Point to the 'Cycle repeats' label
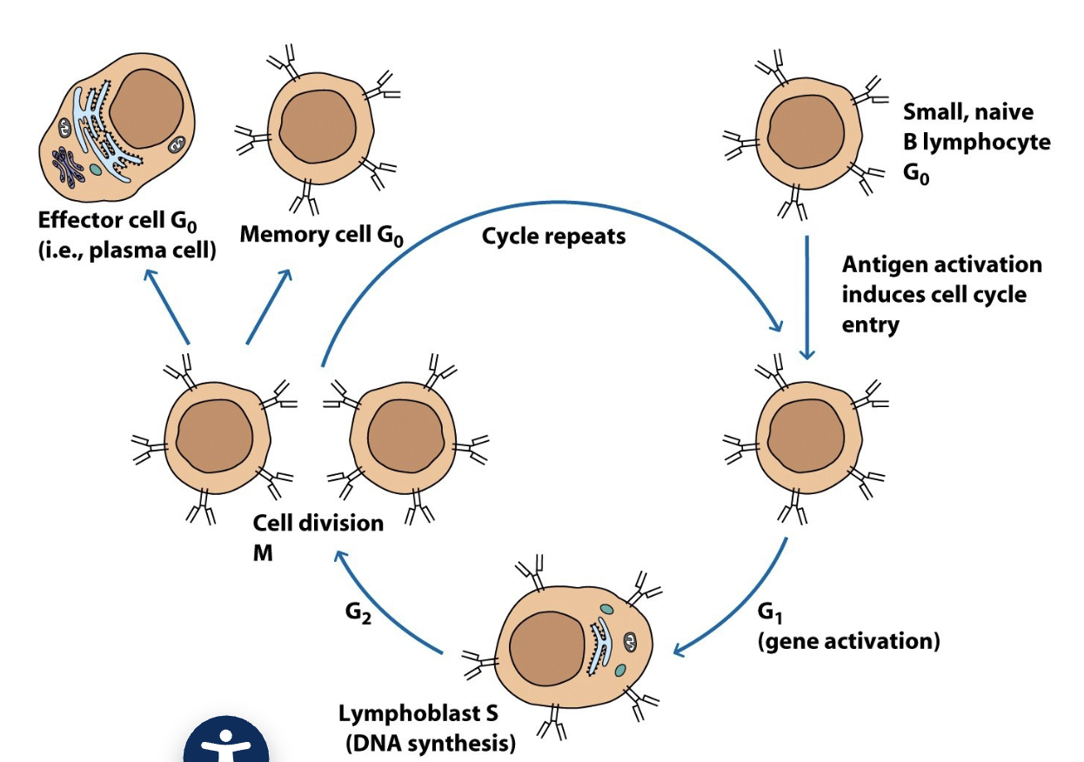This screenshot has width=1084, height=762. (553, 236)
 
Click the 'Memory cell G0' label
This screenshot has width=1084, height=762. (322, 235)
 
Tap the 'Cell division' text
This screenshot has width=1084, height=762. (318, 523)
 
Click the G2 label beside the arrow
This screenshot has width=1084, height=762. (358, 612)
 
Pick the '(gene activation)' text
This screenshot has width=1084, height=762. (848, 642)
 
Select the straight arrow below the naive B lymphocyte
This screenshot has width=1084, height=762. (806, 296)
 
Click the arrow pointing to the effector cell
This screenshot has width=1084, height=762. (167, 306)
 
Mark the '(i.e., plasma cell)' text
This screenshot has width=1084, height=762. (126, 251)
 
